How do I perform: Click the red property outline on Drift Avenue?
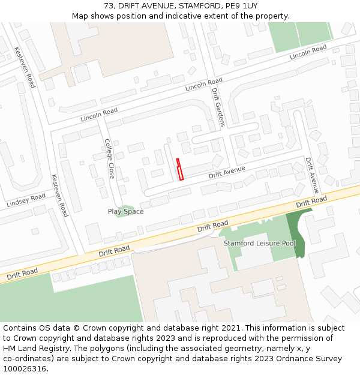tap(179, 169)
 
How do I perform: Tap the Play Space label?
tap(125, 211)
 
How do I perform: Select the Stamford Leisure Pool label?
tap(260, 244)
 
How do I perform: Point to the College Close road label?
tap(109, 158)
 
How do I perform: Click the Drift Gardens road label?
tap(218, 107)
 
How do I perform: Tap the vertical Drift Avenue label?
tap(312, 175)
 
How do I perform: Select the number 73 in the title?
tap(109, 5)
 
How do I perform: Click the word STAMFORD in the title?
tap(198, 5)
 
